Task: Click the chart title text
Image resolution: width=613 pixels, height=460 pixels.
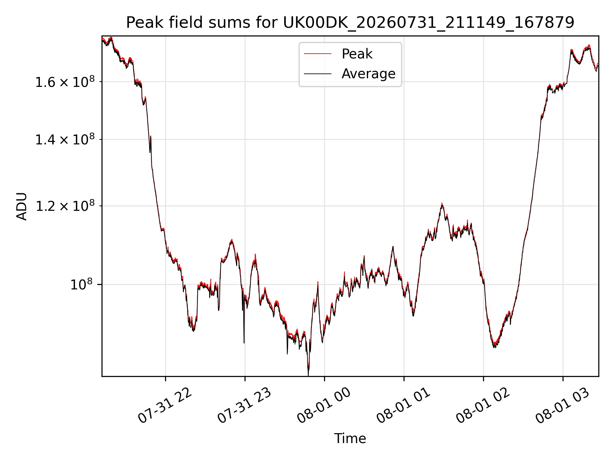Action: tap(350, 23)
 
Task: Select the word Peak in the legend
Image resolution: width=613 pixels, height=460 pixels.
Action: tap(357, 54)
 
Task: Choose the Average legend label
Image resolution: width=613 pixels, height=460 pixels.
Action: tap(368, 74)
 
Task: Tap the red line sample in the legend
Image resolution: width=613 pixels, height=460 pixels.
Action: tap(318, 54)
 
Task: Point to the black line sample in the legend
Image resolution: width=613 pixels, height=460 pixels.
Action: tap(318, 74)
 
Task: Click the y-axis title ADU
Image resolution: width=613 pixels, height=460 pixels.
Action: tap(22, 206)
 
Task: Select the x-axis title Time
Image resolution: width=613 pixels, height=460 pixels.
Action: tap(350, 439)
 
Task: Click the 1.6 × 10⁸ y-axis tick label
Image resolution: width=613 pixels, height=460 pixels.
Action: tap(65, 81)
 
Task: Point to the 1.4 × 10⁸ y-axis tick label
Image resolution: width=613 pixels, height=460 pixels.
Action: tap(65, 139)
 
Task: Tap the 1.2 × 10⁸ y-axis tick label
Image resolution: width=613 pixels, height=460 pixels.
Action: tap(65, 206)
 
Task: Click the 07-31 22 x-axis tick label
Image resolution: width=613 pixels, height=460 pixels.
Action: tap(165, 406)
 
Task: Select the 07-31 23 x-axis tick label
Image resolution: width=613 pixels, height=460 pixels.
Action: tap(244, 406)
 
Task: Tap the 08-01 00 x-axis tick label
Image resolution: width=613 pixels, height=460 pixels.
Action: tap(324, 406)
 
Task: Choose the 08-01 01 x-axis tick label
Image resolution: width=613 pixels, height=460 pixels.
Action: tap(403, 406)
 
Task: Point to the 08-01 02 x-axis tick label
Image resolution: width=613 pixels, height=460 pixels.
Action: tap(483, 406)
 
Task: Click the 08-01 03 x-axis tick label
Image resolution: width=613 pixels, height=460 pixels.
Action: tap(562, 406)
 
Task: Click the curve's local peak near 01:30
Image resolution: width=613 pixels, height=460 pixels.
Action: tap(442, 204)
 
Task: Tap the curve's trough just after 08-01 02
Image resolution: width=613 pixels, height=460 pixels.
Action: tap(494, 346)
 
